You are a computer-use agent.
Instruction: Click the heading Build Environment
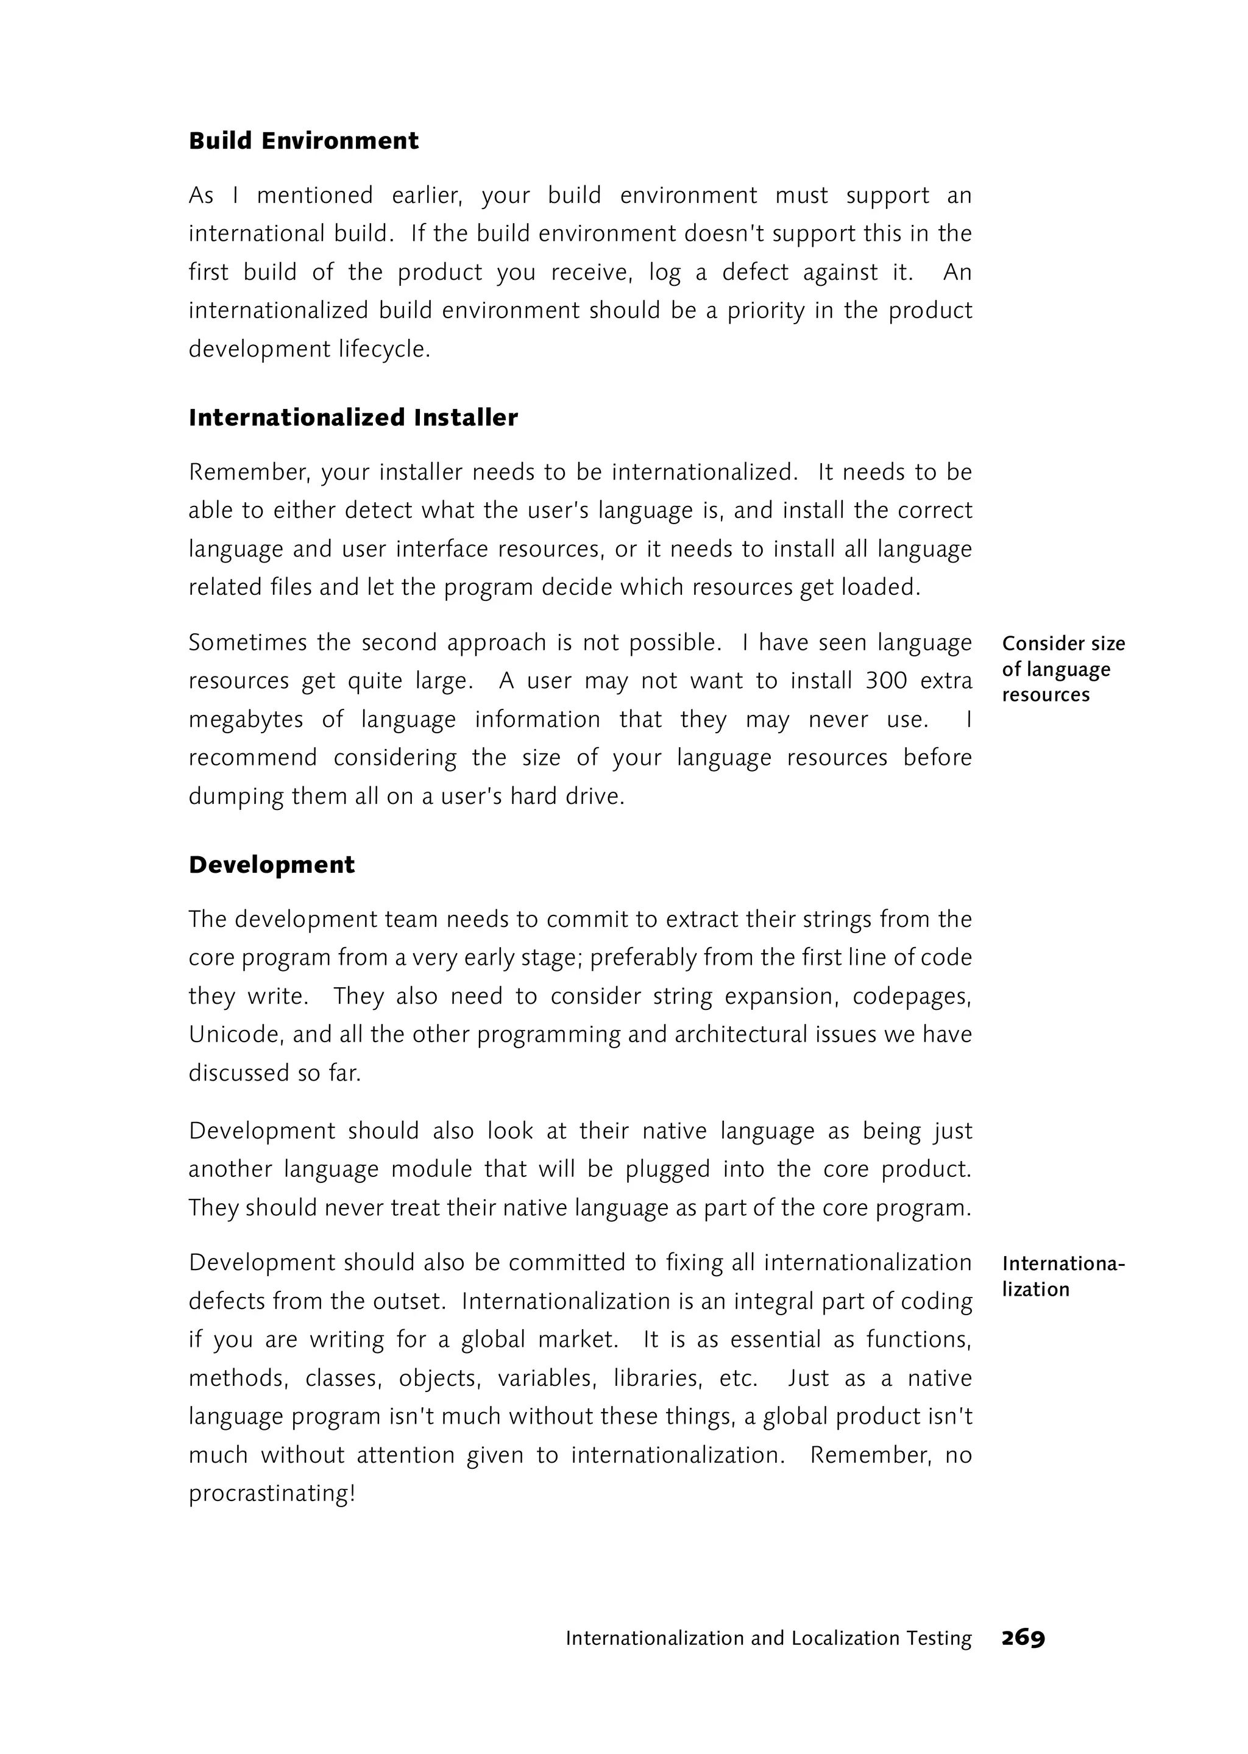(x=303, y=141)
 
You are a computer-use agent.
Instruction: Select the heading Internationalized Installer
(x=353, y=417)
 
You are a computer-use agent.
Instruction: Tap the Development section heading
(x=271, y=865)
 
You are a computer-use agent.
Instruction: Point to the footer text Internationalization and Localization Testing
(x=768, y=1639)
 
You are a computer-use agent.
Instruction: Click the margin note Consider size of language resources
(x=1063, y=669)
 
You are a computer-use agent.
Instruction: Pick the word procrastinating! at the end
(x=271, y=1493)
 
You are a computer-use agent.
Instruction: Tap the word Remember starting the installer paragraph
(x=249, y=472)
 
